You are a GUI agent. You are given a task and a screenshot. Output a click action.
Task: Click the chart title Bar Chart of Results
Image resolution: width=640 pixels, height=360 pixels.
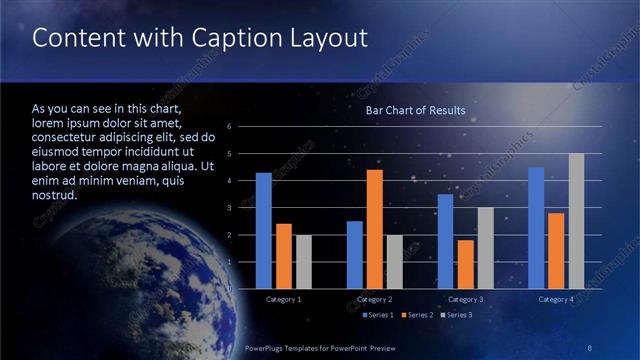pos(415,110)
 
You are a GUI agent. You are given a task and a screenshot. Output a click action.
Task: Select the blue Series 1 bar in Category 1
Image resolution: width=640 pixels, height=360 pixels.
pos(263,230)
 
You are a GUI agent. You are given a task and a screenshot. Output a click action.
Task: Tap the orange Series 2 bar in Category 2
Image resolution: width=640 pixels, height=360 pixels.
pos(375,229)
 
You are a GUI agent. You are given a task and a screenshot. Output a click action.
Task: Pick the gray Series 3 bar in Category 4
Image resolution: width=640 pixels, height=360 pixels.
pos(576,221)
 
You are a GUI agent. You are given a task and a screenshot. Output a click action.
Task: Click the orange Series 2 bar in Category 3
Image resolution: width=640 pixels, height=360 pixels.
pos(465,264)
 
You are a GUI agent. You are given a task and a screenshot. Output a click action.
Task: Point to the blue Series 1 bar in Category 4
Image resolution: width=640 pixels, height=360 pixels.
pos(536,228)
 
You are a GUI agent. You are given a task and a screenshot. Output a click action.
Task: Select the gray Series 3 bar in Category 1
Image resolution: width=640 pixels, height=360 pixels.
pos(303,262)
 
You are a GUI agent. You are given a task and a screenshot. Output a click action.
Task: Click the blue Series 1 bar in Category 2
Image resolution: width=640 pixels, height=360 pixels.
pos(355,255)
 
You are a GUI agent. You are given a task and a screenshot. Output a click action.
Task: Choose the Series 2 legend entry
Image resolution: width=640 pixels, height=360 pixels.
pos(417,315)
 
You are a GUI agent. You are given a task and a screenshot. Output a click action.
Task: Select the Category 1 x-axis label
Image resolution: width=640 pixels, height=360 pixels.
pos(283,299)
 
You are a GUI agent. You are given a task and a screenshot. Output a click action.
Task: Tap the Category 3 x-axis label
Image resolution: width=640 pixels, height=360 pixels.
pos(465,299)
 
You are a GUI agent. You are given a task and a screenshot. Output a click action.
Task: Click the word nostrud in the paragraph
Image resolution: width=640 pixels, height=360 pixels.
pos(54,195)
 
